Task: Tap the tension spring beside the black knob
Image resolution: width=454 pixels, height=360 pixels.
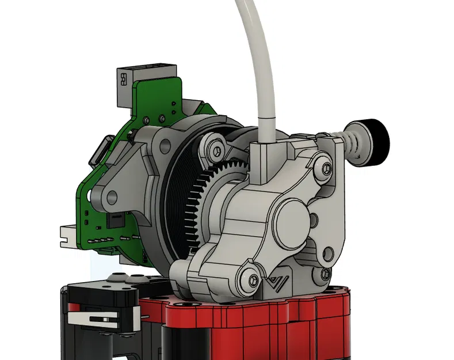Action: (353, 143)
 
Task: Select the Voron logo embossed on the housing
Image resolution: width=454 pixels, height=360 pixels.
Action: (278, 283)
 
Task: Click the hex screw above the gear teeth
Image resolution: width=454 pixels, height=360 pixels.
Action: (215, 149)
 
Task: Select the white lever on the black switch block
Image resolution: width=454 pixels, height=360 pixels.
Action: (98, 318)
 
